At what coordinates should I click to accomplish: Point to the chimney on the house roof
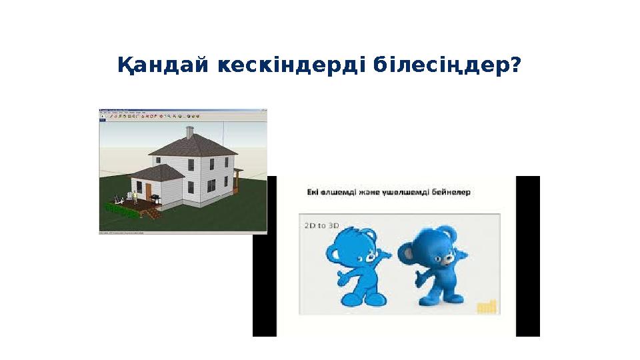[x=189, y=132]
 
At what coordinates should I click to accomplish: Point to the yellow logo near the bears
[x=487, y=305]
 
